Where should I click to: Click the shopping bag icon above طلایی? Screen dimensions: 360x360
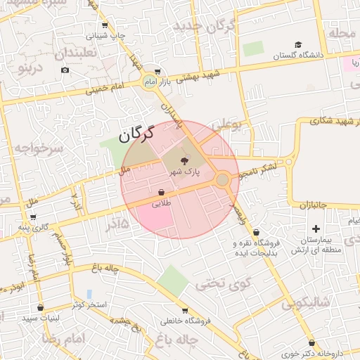[x=162, y=192]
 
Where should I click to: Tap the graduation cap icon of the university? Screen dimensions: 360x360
[x=297, y=45]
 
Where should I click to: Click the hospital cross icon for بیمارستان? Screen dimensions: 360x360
[x=316, y=229]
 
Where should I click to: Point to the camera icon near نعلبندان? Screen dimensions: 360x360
[x=65, y=70]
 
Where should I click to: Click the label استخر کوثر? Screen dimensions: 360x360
[x=89, y=304]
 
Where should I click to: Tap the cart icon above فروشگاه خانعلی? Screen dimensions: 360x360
[x=184, y=311]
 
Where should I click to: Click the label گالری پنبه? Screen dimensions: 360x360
[x=34, y=227]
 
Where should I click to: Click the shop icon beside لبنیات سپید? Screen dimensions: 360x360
[x=40, y=308]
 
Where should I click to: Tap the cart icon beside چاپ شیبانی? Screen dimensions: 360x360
[x=105, y=25]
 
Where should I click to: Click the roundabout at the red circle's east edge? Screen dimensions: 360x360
[x=223, y=180]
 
